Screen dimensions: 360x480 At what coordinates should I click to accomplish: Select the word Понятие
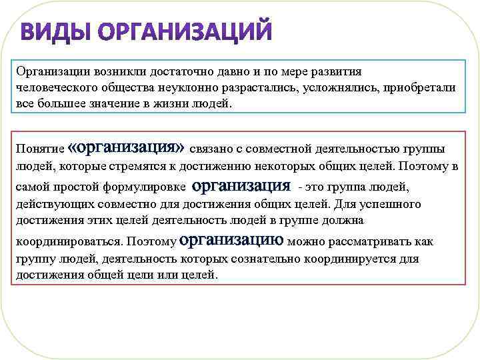tap(40, 150)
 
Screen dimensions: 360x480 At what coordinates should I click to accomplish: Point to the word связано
tap(212, 149)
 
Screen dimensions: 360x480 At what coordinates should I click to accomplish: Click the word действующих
tap(52, 204)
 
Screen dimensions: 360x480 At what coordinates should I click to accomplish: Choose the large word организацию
tap(231, 239)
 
